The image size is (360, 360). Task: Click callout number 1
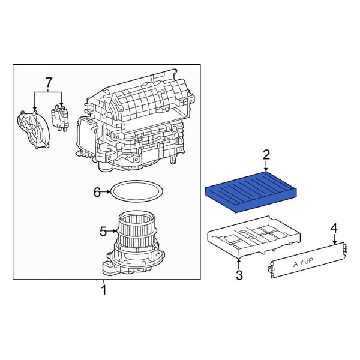pyautogui.click(x=103, y=290)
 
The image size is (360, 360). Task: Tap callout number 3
pyautogui.click(x=239, y=275)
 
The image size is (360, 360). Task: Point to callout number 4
pyautogui.click(x=334, y=228)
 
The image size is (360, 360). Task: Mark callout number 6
pyautogui.click(x=97, y=192)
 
